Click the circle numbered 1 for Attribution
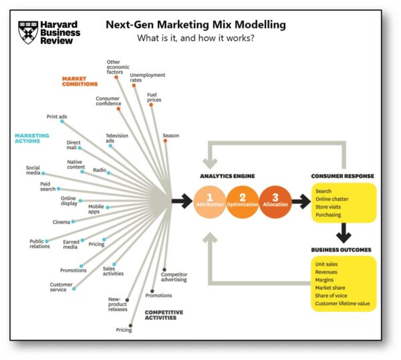pos(210,200)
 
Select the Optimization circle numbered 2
pos(243,200)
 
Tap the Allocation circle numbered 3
pos(275,200)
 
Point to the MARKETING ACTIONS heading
pos(32,139)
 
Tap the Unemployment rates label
pos(148,78)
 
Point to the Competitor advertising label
pos(174,276)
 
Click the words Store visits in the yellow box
pos(330,206)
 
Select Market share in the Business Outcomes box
pos(331,287)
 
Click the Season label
pos(170,136)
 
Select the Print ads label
pos(57,116)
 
